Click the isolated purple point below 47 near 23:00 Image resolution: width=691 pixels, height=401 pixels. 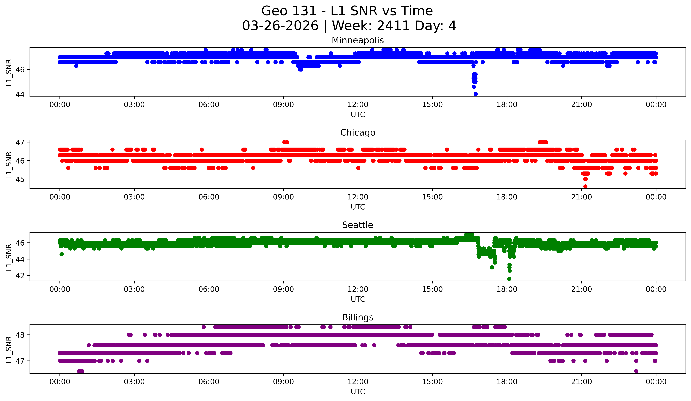(x=636, y=371)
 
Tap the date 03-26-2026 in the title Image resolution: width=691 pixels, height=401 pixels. (x=280, y=26)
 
